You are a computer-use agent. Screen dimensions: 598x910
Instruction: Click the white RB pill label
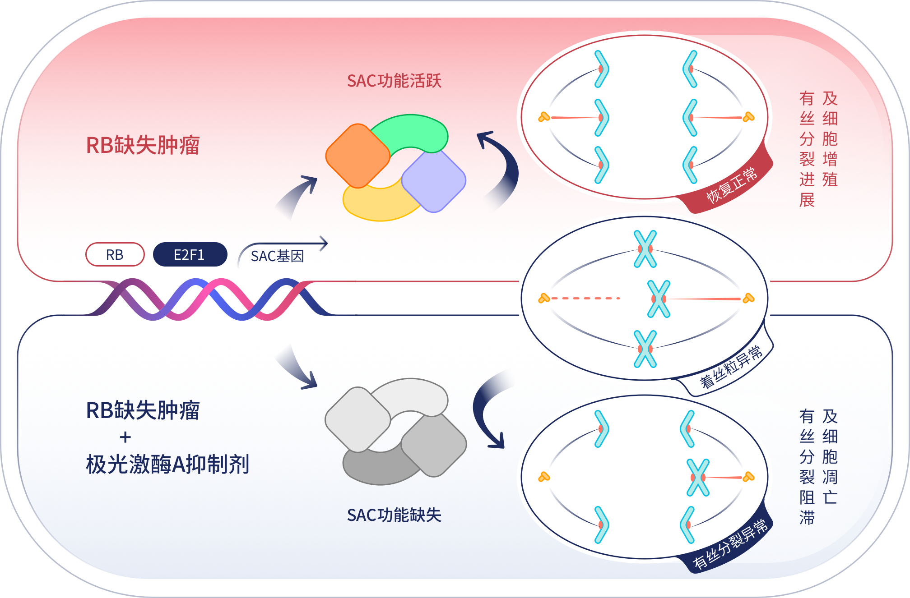coord(115,255)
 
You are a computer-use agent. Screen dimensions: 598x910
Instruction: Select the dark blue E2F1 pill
coord(190,255)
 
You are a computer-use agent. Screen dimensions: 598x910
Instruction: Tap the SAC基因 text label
coord(277,256)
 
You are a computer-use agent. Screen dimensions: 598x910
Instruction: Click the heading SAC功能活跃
coord(394,81)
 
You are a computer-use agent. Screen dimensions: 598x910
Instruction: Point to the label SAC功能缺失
coord(394,515)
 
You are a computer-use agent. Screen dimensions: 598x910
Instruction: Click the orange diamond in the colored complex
coord(357,156)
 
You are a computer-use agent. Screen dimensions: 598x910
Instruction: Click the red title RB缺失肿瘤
coord(143,145)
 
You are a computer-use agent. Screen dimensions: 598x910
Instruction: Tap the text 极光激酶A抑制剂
coord(167,464)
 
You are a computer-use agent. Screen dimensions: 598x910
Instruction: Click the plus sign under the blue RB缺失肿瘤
coord(125,437)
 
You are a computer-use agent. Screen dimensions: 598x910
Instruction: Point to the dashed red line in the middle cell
coord(585,299)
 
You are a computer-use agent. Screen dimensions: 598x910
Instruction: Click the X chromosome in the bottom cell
coord(698,478)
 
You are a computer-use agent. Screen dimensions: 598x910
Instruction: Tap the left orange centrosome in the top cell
coord(544,117)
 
